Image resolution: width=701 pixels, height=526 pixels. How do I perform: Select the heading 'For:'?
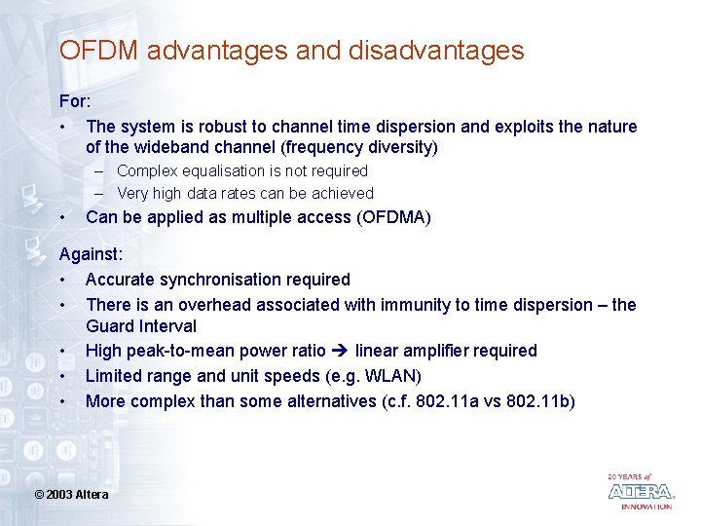click(76, 101)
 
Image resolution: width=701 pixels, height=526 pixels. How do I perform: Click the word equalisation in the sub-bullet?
click(225, 170)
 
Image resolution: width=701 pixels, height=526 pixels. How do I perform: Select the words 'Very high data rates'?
click(186, 193)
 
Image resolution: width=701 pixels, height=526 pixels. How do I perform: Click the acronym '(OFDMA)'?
click(394, 217)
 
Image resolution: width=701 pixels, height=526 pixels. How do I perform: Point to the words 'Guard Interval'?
click(141, 326)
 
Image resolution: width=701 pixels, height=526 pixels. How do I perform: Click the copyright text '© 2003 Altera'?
click(71, 495)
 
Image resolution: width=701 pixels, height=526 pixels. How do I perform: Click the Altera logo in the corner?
click(640, 491)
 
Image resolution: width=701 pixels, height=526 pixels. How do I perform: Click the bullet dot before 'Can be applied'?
click(62, 217)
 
